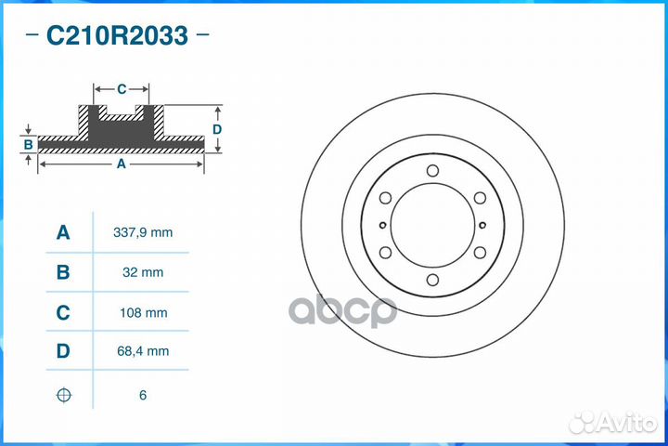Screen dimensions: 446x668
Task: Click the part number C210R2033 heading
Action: click(x=117, y=36)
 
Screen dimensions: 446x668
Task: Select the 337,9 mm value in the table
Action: click(x=142, y=232)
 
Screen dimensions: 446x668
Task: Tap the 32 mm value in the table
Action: click(x=142, y=272)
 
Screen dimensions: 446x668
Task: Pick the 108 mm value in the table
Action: click(x=142, y=313)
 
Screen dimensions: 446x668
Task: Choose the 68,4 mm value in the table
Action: click(x=142, y=352)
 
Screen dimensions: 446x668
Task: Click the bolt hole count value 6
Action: click(x=142, y=395)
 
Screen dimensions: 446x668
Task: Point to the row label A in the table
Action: click(x=63, y=232)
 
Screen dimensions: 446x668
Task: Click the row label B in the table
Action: click(x=63, y=272)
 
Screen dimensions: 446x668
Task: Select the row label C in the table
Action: click(x=63, y=313)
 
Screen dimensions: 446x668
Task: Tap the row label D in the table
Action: click(x=63, y=352)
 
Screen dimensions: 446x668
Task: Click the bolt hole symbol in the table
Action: click(x=63, y=395)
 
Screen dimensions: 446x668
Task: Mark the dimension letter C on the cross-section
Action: click(x=122, y=90)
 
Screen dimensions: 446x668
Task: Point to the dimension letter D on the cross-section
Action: click(x=216, y=129)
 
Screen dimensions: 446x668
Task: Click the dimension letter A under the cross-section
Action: click(x=121, y=164)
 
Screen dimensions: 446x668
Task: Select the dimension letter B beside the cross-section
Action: click(x=29, y=145)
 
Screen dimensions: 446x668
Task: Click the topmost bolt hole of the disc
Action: click(x=432, y=171)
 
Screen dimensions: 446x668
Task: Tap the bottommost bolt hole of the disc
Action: click(x=432, y=280)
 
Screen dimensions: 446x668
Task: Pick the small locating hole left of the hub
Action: click(x=381, y=225)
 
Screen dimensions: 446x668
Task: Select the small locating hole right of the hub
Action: click(x=483, y=225)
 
